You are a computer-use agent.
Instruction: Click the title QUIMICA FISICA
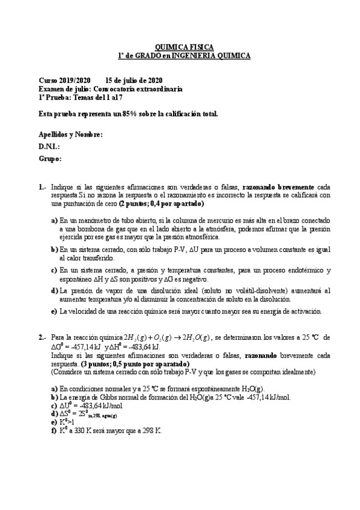184,46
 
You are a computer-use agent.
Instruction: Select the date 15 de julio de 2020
133,80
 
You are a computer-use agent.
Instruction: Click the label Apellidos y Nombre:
70,135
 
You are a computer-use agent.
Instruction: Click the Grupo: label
50,159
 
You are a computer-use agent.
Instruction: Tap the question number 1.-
43,187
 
